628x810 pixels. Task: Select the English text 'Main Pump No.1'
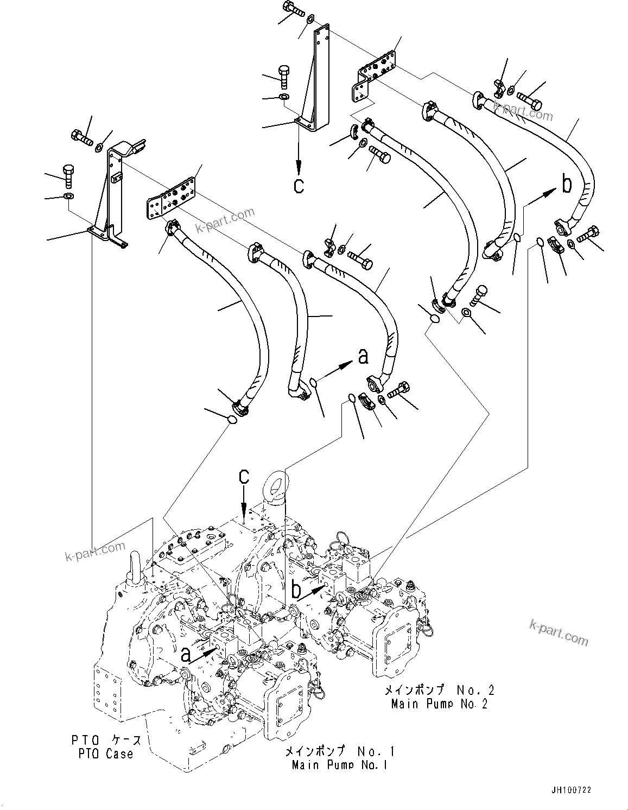339,765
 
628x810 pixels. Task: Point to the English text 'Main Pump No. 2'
439,704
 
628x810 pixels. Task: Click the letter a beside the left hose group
363,356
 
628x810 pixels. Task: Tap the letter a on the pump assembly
186,655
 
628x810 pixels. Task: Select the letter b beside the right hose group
566,185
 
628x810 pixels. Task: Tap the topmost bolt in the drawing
291,8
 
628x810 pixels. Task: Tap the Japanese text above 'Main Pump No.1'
340,751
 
